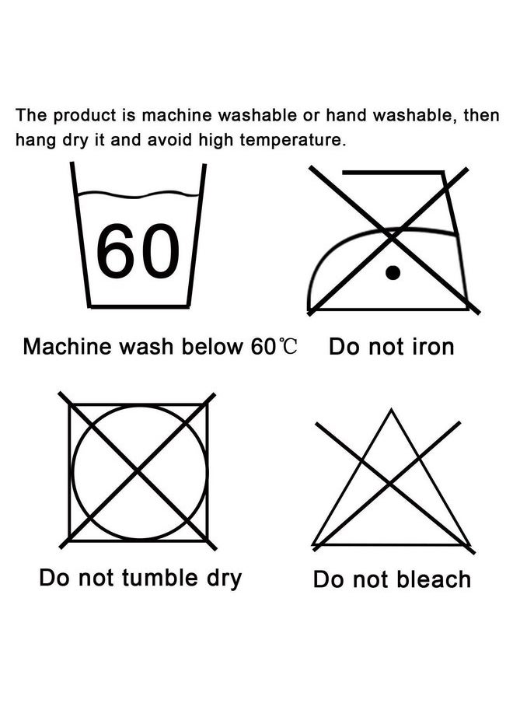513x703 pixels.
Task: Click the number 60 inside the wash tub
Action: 138,250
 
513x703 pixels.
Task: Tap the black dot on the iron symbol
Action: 393,273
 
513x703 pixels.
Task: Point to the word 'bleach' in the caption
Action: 434,579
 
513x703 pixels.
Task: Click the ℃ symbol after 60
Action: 287,347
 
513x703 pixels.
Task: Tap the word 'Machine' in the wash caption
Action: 67,347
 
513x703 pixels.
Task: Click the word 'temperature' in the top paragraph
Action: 293,140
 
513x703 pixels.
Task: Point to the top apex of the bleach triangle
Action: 392,409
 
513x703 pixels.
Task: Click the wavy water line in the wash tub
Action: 138,194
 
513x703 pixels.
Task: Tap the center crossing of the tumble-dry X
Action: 138,472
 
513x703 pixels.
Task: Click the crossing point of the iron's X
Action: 392,238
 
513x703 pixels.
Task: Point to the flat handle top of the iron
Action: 393,172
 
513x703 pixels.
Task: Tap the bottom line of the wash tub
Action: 139,306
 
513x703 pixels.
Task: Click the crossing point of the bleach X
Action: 390,484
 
